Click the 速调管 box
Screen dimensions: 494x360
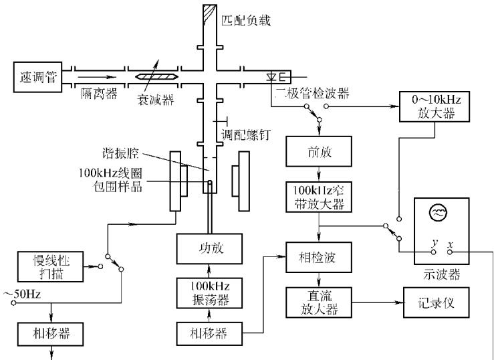pos(37,77)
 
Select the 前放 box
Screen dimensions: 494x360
pos(319,151)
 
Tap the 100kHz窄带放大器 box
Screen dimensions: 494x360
pos(319,197)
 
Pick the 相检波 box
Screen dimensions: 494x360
pos(319,257)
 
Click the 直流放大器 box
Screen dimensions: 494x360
pos(319,302)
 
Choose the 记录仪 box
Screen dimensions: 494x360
pos(437,302)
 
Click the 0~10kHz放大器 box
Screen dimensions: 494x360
pos(435,106)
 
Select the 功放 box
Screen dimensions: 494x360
pos(209,249)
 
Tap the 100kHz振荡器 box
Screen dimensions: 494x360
pos(209,293)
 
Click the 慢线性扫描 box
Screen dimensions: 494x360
pos(50,267)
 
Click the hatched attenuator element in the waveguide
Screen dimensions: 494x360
pos(156,76)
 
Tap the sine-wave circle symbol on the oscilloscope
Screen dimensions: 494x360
pos(439,212)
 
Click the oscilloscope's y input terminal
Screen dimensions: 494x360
pos(434,252)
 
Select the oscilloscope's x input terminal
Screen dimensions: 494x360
pos(450,252)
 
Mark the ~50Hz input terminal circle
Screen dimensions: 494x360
pos(13,303)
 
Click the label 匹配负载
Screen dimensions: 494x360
pos(246,21)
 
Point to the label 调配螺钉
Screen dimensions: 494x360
pos(246,134)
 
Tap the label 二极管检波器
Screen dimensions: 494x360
pos(312,93)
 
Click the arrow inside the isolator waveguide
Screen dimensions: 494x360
pos(97,77)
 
